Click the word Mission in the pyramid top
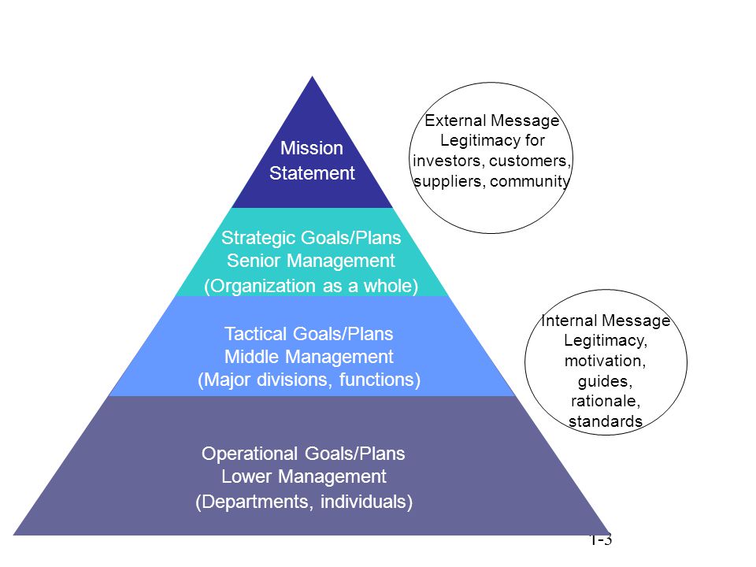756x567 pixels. (312, 148)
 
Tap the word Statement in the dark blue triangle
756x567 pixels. (312, 173)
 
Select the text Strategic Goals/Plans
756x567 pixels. (311, 238)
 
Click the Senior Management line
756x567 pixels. (310, 261)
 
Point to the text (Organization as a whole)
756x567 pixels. (311, 286)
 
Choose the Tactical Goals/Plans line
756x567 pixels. (309, 334)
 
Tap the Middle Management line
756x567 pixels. (309, 357)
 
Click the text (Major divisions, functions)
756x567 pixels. (309, 380)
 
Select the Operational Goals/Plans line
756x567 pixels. (303, 454)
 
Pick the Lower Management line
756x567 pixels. (304, 476)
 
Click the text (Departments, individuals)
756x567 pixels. (304, 502)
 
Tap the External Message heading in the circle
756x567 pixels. (491, 120)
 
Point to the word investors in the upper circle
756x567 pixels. (448, 161)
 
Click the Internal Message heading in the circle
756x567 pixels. (606, 321)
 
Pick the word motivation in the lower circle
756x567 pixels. (605, 361)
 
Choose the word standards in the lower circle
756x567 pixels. (606, 421)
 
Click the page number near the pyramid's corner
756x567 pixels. (601, 540)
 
